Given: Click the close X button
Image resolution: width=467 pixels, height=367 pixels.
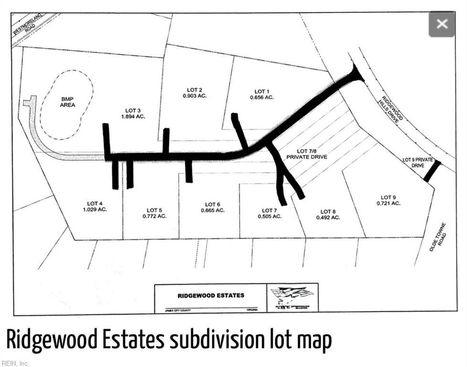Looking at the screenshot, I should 442,24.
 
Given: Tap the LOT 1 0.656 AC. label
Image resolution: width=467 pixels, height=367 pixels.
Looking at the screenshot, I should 262,94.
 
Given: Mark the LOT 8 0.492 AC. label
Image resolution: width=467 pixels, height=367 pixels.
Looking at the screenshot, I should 328,215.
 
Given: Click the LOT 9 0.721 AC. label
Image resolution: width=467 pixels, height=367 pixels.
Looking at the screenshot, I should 388,200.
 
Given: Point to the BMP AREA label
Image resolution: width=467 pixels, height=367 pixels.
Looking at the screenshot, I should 67,102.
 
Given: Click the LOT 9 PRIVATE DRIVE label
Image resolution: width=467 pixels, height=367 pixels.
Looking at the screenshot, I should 414,162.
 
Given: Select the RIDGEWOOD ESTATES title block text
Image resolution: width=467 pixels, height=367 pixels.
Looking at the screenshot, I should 211,295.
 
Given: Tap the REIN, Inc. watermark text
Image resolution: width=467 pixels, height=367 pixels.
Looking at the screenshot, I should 15,363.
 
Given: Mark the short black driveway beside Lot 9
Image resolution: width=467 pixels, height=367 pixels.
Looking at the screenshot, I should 432,171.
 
